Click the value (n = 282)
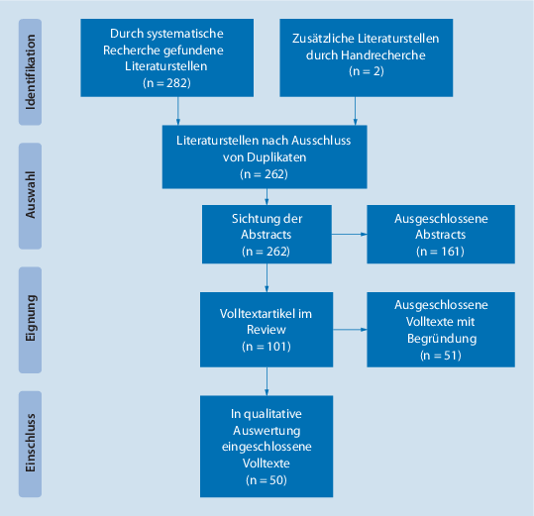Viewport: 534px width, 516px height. point(165,82)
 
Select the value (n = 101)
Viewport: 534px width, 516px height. point(265,347)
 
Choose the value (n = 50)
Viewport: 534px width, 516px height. point(265,478)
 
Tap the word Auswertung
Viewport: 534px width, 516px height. point(265,431)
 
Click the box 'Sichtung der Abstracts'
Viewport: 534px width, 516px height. point(265,235)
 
